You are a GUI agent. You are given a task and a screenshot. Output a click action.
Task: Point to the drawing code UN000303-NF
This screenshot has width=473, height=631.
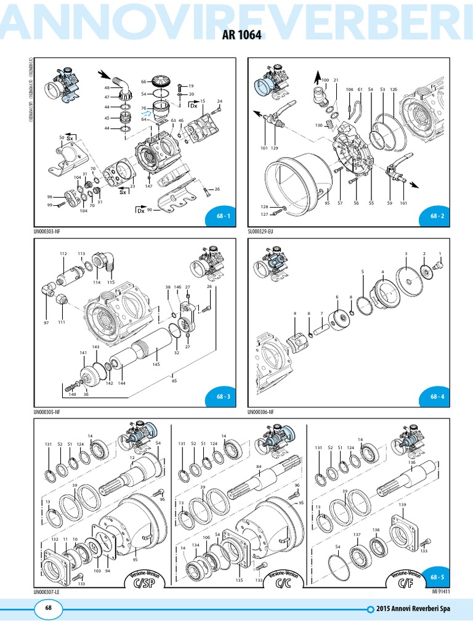pos(50,231)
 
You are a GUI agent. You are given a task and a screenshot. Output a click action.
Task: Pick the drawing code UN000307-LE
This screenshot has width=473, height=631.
pos(49,592)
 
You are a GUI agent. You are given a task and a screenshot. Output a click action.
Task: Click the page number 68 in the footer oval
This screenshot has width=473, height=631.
pos(48,608)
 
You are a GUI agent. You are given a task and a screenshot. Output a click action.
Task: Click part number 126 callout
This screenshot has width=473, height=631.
pos(394,90)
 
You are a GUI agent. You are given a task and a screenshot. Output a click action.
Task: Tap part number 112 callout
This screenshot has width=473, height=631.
pos(63,254)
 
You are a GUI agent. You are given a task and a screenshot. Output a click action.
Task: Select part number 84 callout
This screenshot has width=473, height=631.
pos(259,466)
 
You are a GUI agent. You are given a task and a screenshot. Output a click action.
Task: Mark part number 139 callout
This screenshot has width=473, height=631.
pos(402,505)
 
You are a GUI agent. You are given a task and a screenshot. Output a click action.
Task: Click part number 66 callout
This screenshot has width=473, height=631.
pos(143,81)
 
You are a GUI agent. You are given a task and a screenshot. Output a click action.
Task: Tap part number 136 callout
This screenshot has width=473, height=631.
pos(411,462)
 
